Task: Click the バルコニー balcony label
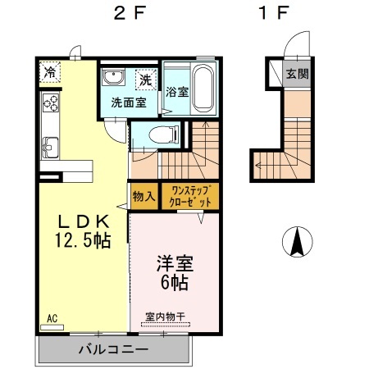click(113, 351)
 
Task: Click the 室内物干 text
click(165, 316)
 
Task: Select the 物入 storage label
click(143, 196)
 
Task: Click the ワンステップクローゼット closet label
click(190, 196)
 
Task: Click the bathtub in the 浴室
click(203, 87)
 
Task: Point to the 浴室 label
click(176, 91)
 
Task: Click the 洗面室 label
click(127, 103)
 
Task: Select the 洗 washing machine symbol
click(145, 80)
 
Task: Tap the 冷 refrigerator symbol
click(50, 71)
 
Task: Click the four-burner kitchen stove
click(51, 105)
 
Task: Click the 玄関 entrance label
click(296, 73)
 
